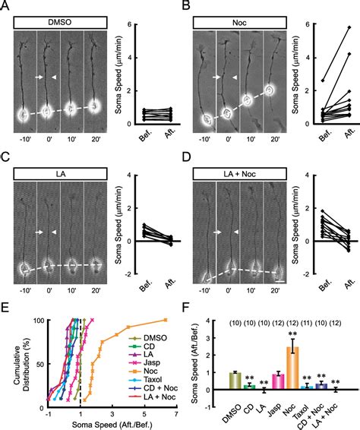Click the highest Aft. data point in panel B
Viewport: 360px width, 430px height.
[349, 27]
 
